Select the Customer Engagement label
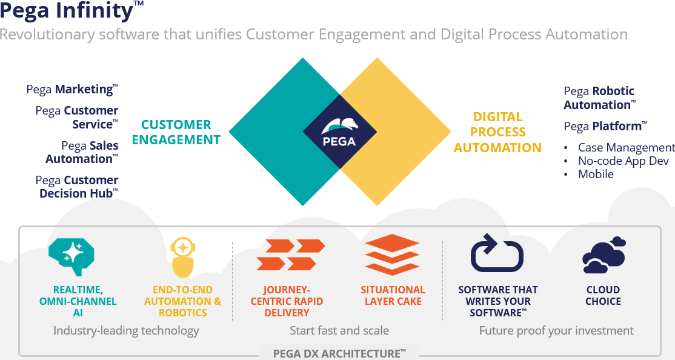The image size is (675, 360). [x=176, y=132]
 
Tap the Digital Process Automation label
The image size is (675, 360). [x=498, y=132]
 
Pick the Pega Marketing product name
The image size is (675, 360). [x=71, y=89]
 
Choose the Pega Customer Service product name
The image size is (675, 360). [x=77, y=118]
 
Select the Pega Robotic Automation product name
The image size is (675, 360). [x=599, y=98]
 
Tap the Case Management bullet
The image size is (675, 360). [x=625, y=147]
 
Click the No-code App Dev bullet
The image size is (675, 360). [x=623, y=161]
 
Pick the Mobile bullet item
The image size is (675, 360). [x=596, y=174]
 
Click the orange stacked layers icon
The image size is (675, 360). [x=392, y=255]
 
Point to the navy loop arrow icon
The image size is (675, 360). [x=497, y=253]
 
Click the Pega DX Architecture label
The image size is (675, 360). [x=339, y=353]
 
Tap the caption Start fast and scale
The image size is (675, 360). [x=339, y=330]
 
